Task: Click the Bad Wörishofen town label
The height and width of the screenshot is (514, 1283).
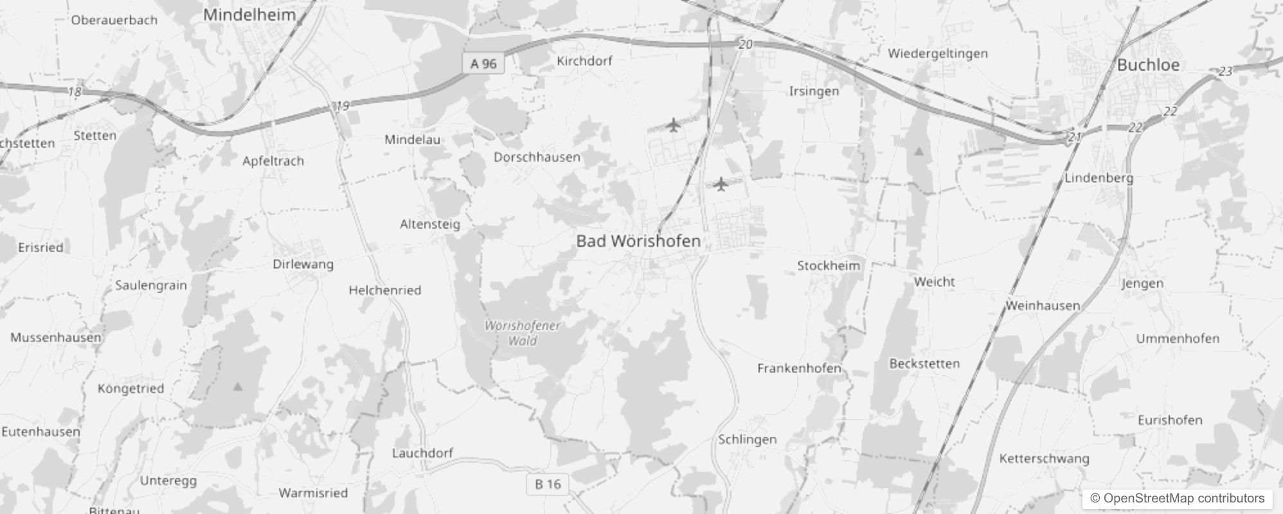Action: (638, 241)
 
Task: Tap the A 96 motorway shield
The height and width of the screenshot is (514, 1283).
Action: (483, 64)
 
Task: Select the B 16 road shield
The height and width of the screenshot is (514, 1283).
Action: (548, 484)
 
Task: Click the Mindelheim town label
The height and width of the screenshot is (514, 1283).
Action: (249, 15)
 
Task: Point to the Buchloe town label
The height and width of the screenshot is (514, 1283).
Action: (1148, 65)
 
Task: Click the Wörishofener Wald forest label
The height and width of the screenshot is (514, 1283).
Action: (522, 333)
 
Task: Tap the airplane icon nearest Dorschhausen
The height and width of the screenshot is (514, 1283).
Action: (673, 125)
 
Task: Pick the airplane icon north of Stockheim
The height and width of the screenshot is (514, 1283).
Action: (721, 184)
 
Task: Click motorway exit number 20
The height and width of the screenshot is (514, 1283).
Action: (745, 44)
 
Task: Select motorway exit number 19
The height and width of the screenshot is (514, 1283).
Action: (342, 105)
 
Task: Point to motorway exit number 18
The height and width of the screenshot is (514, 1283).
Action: (75, 92)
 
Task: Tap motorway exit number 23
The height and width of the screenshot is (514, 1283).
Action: (1225, 71)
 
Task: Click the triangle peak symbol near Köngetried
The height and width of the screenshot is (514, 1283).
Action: (238, 387)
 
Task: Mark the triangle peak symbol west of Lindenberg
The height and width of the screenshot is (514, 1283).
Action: (919, 152)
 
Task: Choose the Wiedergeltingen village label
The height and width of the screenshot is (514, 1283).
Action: (937, 53)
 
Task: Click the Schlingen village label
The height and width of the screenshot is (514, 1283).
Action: (747, 439)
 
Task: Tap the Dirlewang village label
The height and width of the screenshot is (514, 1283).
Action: (303, 264)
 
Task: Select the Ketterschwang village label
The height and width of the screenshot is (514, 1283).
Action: (1044, 459)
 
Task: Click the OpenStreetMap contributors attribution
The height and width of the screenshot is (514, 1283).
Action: (1177, 499)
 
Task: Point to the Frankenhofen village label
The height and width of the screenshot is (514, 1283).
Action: (799, 368)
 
